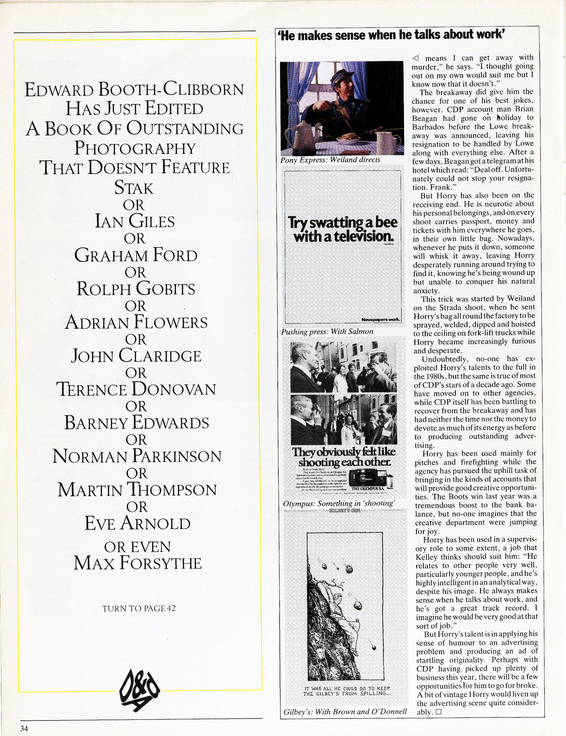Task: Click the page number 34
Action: click(24, 728)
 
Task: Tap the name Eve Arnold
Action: click(137, 523)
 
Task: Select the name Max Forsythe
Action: click(138, 563)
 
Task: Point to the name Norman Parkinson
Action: click(137, 456)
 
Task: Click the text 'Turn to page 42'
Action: click(139, 608)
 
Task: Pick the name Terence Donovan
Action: click(137, 389)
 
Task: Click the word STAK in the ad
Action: click(134, 188)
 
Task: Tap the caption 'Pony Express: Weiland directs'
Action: click(330, 160)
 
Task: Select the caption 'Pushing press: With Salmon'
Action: click(327, 331)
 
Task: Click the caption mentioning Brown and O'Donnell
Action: click(345, 712)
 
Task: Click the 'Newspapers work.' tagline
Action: click(381, 319)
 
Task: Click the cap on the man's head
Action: click(341, 76)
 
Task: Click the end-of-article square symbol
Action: click(438, 712)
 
